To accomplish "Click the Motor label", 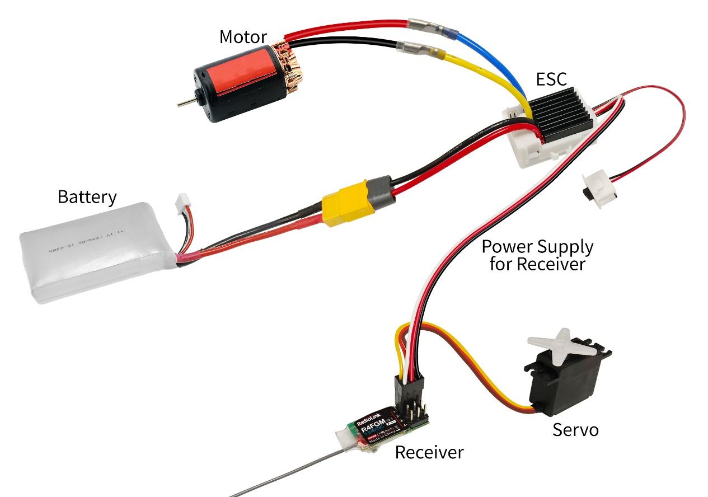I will pyautogui.click(x=243, y=37).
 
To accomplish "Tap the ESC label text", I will pyautogui.click(x=552, y=79).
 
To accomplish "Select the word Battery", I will pyautogui.click(x=87, y=197).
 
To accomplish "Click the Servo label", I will pyautogui.click(x=575, y=430).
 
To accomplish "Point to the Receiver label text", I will pyautogui.click(x=429, y=452).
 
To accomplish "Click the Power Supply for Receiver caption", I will pyautogui.click(x=537, y=255).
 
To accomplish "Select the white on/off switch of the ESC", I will pyautogui.click(x=599, y=190).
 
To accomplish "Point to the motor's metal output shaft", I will pyautogui.click(x=185, y=102).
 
